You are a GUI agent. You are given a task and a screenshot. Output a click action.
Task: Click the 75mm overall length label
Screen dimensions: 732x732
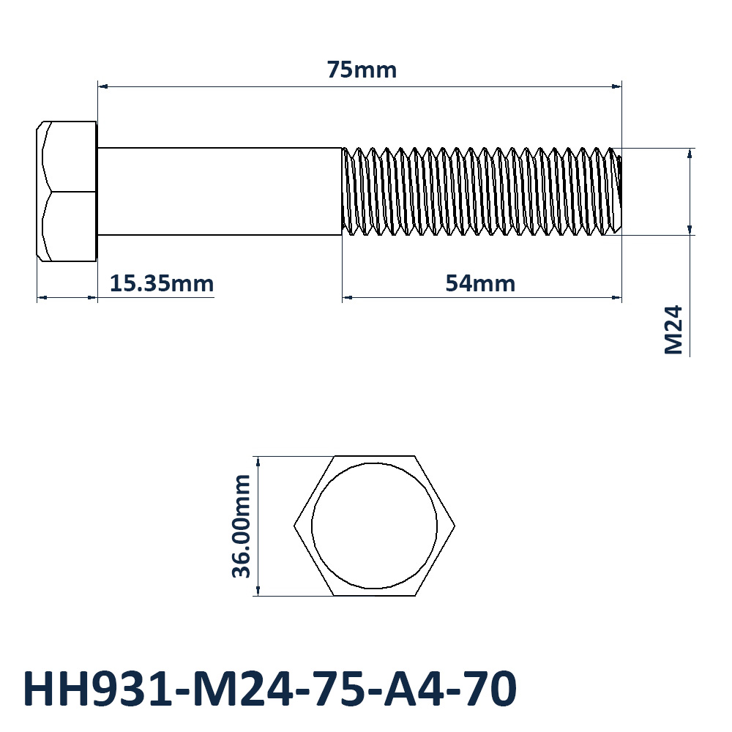362,70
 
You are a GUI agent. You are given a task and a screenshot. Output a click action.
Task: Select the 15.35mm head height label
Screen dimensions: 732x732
162,283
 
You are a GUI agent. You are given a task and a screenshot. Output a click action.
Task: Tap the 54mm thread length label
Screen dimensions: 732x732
480,283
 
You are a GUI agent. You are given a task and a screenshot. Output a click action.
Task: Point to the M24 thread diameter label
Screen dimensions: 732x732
673,329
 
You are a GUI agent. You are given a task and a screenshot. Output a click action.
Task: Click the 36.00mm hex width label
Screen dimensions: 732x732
242,526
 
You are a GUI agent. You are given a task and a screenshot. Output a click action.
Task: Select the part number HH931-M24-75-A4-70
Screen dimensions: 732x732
270,689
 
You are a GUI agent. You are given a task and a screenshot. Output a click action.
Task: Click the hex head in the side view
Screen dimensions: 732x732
67,191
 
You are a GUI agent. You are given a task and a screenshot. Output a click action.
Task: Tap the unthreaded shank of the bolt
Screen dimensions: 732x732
220,191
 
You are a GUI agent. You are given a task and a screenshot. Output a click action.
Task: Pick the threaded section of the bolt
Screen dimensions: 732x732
482,191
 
